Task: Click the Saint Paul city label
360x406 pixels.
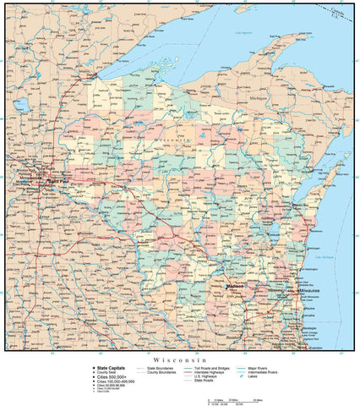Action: click(x=57, y=179)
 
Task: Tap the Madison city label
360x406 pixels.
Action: click(x=235, y=287)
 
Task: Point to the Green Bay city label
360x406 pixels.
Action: click(x=299, y=205)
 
